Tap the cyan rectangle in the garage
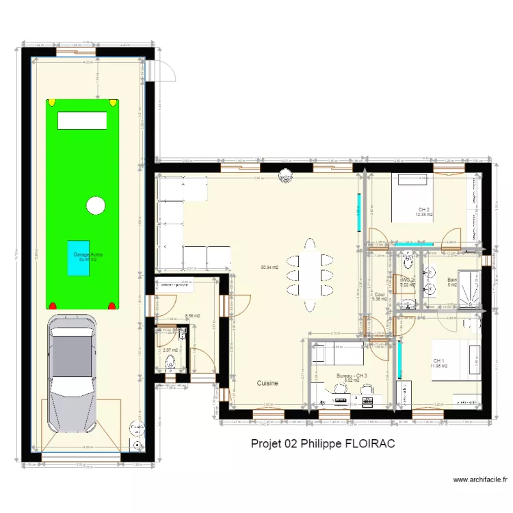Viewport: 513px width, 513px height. tap(78, 258)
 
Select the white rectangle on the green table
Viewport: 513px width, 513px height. tap(82, 121)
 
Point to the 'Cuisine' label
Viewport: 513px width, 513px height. tap(267, 384)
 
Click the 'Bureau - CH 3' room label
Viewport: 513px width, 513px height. tap(352, 376)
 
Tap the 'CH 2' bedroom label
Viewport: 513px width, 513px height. tap(423, 209)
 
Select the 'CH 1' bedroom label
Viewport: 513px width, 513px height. tap(438, 361)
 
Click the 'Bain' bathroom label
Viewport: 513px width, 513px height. tap(452, 280)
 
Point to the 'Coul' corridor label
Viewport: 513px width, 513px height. tap(380, 294)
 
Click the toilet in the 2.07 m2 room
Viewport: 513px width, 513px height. tap(170, 360)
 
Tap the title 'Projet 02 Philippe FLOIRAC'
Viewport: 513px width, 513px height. tap(323, 443)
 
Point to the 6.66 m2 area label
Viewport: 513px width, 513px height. tap(192, 316)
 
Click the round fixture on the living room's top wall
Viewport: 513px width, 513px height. tap(284, 177)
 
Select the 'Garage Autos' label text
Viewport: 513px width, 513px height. tap(88, 254)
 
